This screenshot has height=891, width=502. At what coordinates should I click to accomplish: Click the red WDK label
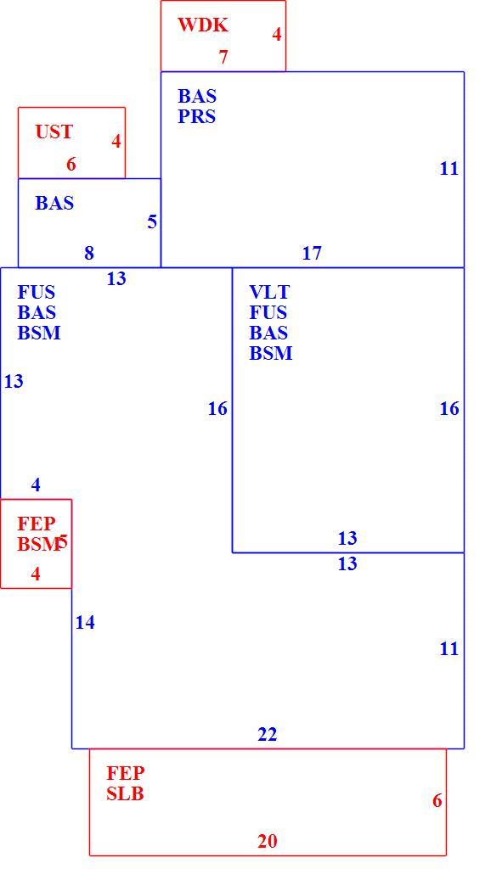tap(203, 25)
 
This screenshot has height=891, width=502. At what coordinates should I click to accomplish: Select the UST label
tap(54, 132)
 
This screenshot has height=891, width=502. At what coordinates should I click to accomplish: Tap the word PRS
tap(197, 116)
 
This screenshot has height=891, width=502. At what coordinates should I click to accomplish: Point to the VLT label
tap(269, 292)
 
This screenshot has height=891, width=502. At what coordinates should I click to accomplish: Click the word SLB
tap(125, 793)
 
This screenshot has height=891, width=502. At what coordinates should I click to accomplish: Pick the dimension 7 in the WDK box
tap(223, 57)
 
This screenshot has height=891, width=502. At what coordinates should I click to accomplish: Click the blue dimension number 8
tap(89, 253)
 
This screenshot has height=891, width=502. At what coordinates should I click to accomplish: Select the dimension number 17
tap(312, 253)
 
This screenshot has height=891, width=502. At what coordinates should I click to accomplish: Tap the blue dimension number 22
tap(268, 735)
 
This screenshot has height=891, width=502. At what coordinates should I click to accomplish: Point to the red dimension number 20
tap(268, 841)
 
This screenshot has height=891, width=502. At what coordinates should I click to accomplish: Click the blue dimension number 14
tap(85, 623)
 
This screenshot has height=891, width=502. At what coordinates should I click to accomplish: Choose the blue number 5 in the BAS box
tap(152, 221)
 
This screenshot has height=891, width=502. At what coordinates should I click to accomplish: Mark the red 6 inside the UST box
tap(71, 165)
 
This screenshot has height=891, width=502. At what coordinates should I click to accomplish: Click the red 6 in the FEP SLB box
tap(437, 801)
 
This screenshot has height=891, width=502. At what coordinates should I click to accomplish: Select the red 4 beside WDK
tap(276, 34)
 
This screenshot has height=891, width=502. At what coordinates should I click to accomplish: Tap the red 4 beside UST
tap(116, 141)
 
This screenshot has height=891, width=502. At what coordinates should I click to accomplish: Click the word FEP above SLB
tap(126, 773)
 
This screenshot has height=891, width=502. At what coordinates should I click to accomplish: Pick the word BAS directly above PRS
tap(197, 96)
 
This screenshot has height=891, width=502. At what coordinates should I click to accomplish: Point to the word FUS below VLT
tap(268, 312)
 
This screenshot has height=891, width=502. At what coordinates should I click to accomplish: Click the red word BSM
tap(39, 544)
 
